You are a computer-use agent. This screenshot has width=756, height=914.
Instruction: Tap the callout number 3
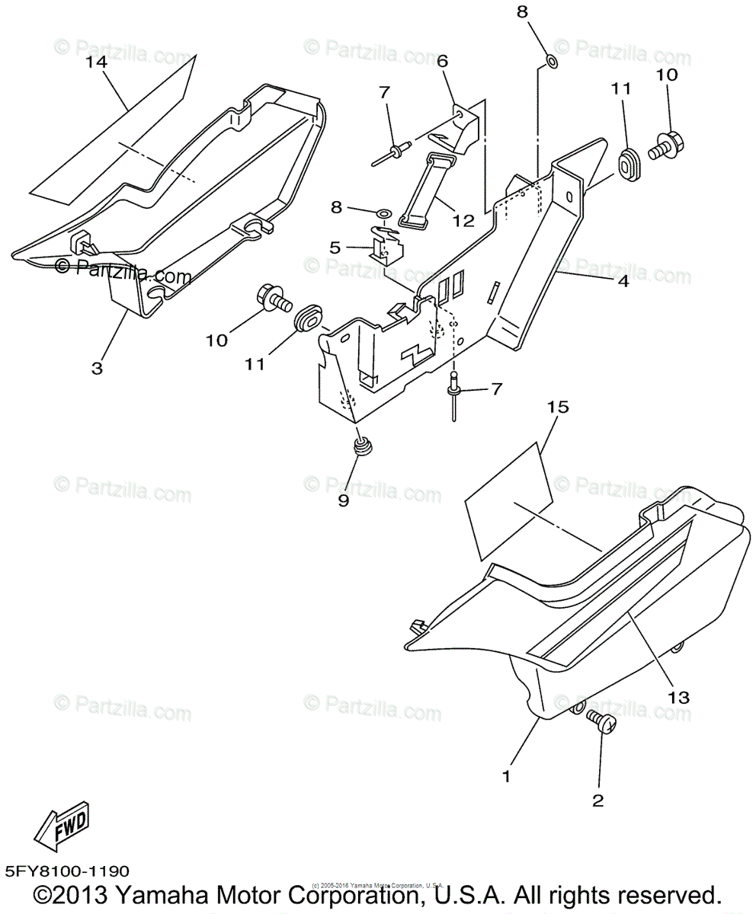[x=97, y=367]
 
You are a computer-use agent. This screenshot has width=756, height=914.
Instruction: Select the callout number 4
[x=623, y=281]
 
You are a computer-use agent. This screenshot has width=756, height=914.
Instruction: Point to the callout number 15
[x=558, y=408]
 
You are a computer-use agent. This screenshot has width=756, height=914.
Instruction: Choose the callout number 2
[x=597, y=800]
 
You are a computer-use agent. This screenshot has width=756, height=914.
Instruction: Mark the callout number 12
[x=463, y=221]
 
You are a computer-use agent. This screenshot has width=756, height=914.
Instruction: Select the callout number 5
[x=335, y=247]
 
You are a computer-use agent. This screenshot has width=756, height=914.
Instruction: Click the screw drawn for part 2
[x=601, y=722]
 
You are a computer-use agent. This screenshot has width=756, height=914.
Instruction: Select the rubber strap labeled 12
[x=424, y=190]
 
